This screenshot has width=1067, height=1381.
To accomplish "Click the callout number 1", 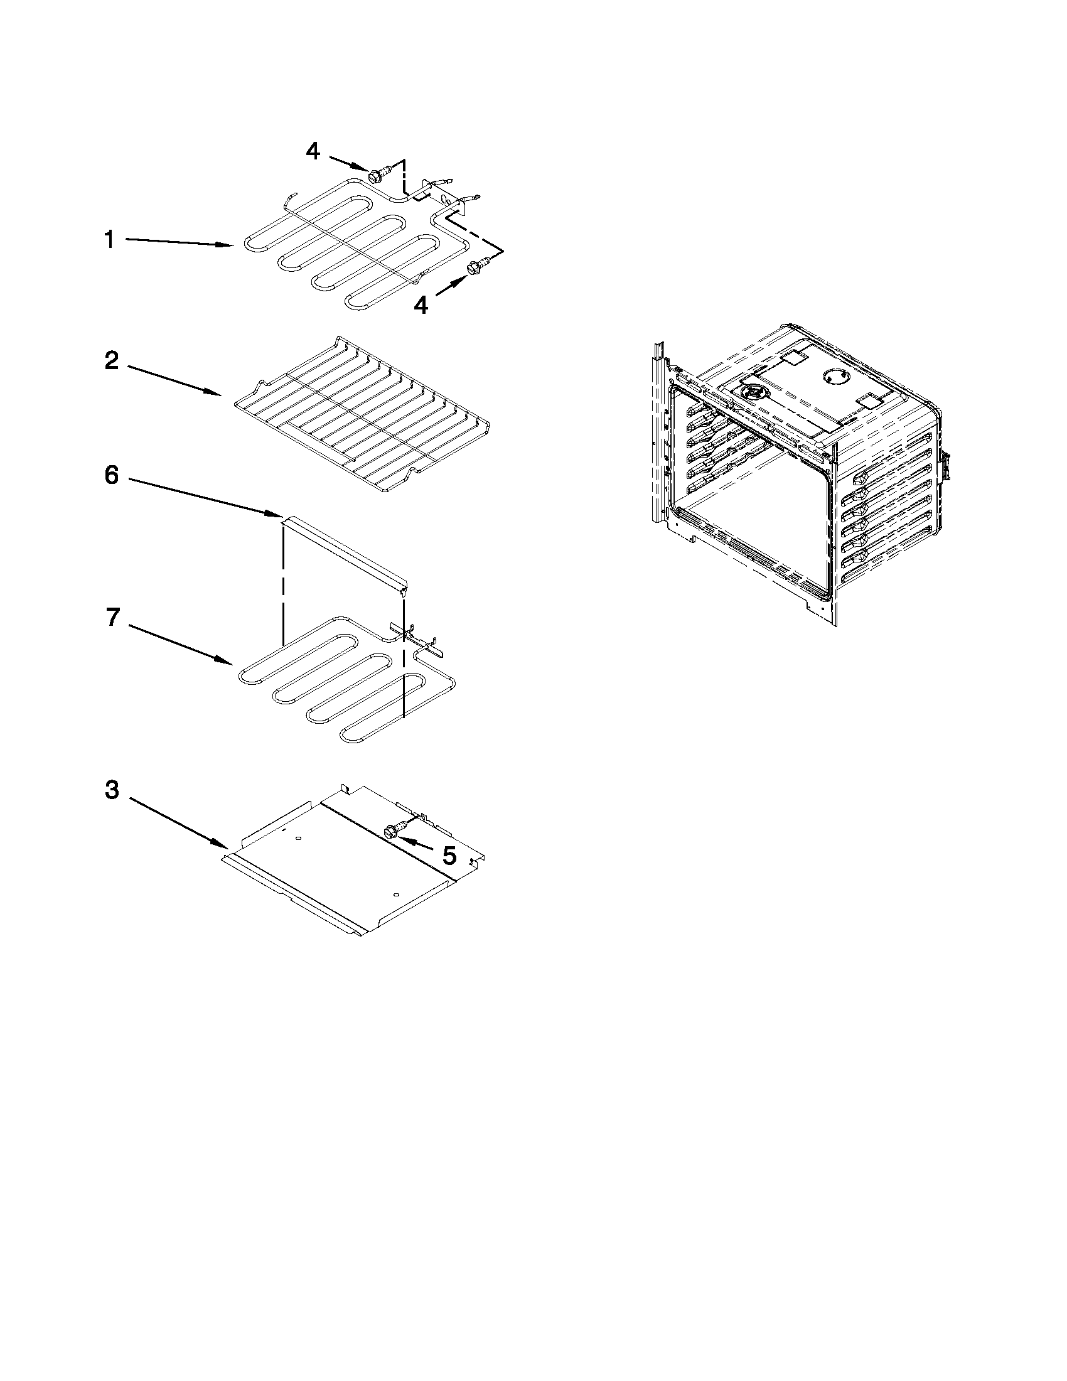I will pyautogui.click(x=109, y=240).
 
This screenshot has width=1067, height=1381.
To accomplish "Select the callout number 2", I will pyautogui.click(x=111, y=361).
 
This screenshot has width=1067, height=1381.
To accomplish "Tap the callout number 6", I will pyautogui.click(x=111, y=475).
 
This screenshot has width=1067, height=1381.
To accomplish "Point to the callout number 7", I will pyautogui.click(x=112, y=616).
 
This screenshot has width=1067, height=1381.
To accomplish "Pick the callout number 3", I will pyautogui.click(x=112, y=789).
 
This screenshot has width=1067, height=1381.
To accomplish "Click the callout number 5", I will pyautogui.click(x=449, y=856).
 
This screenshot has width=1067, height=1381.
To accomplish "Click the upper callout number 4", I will pyautogui.click(x=313, y=151).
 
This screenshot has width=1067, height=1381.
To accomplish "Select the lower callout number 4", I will pyautogui.click(x=421, y=306).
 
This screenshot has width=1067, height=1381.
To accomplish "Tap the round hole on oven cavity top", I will pyautogui.click(x=833, y=376).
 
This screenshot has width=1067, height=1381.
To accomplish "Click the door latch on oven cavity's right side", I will pyautogui.click(x=946, y=466).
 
